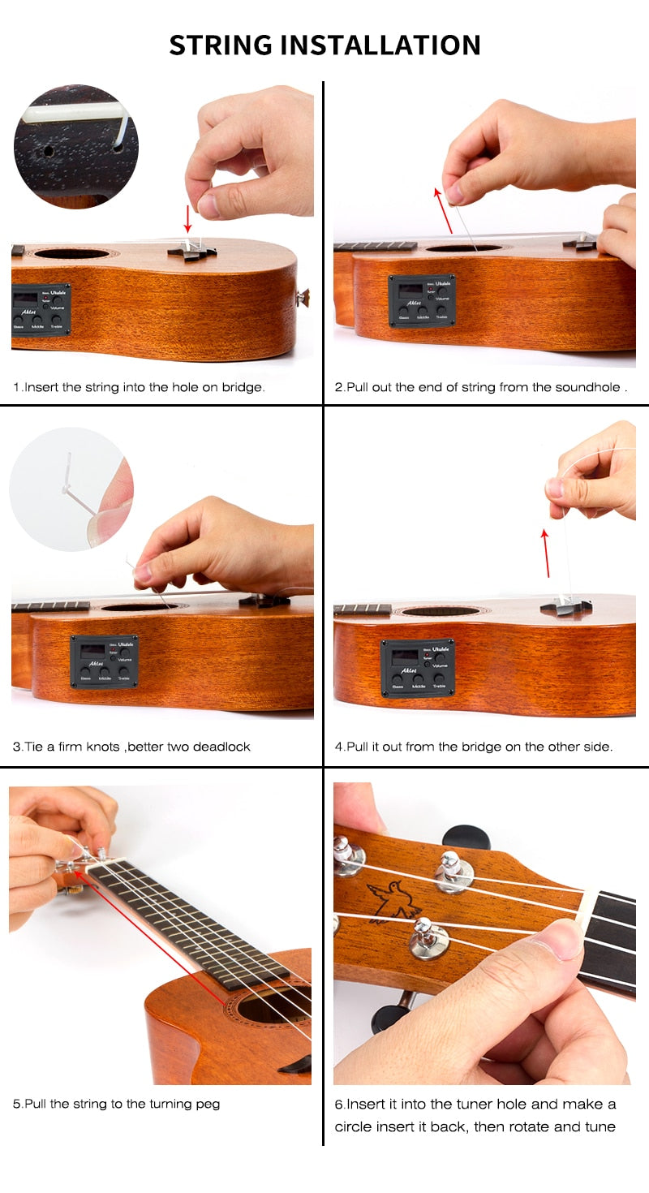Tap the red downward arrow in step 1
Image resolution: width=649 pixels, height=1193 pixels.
[x=187, y=219]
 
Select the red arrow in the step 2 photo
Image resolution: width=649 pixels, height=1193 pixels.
[x=443, y=210]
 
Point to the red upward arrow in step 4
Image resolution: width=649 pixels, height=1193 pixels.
[x=546, y=553]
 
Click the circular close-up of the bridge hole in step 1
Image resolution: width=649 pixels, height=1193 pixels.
[x=76, y=146]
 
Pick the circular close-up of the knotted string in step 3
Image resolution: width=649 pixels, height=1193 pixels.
[x=71, y=489]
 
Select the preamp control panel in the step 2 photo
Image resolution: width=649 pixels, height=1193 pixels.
[x=422, y=301]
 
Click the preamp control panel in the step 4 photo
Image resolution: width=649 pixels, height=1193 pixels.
[x=418, y=668]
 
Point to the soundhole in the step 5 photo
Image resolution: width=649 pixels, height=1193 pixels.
[x=273, y=1005]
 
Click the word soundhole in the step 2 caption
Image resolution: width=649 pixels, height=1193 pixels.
[x=587, y=387]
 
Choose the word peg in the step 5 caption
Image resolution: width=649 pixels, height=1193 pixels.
[x=208, y=1105]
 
